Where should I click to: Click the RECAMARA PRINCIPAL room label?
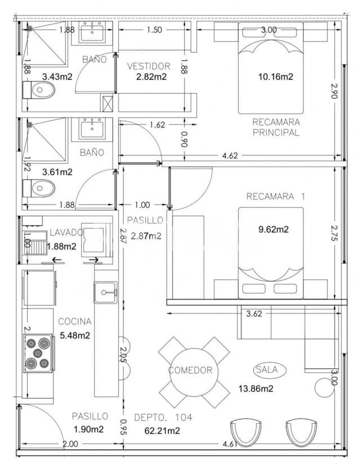(x=276, y=127)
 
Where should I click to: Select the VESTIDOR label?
(x=148, y=66)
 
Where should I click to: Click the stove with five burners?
(x=38, y=353)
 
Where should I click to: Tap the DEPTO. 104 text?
(x=163, y=417)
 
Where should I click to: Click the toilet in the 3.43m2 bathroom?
(x=39, y=89)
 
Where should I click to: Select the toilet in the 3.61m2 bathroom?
(x=39, y=187)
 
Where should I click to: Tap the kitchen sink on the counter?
(x=105, y=292)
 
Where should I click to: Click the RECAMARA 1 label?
(x=275, y=196)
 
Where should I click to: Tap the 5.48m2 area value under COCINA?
(x=75, y=336)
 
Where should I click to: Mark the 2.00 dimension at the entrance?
(x=70, y=444)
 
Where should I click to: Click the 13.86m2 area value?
(x=256, y=388)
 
